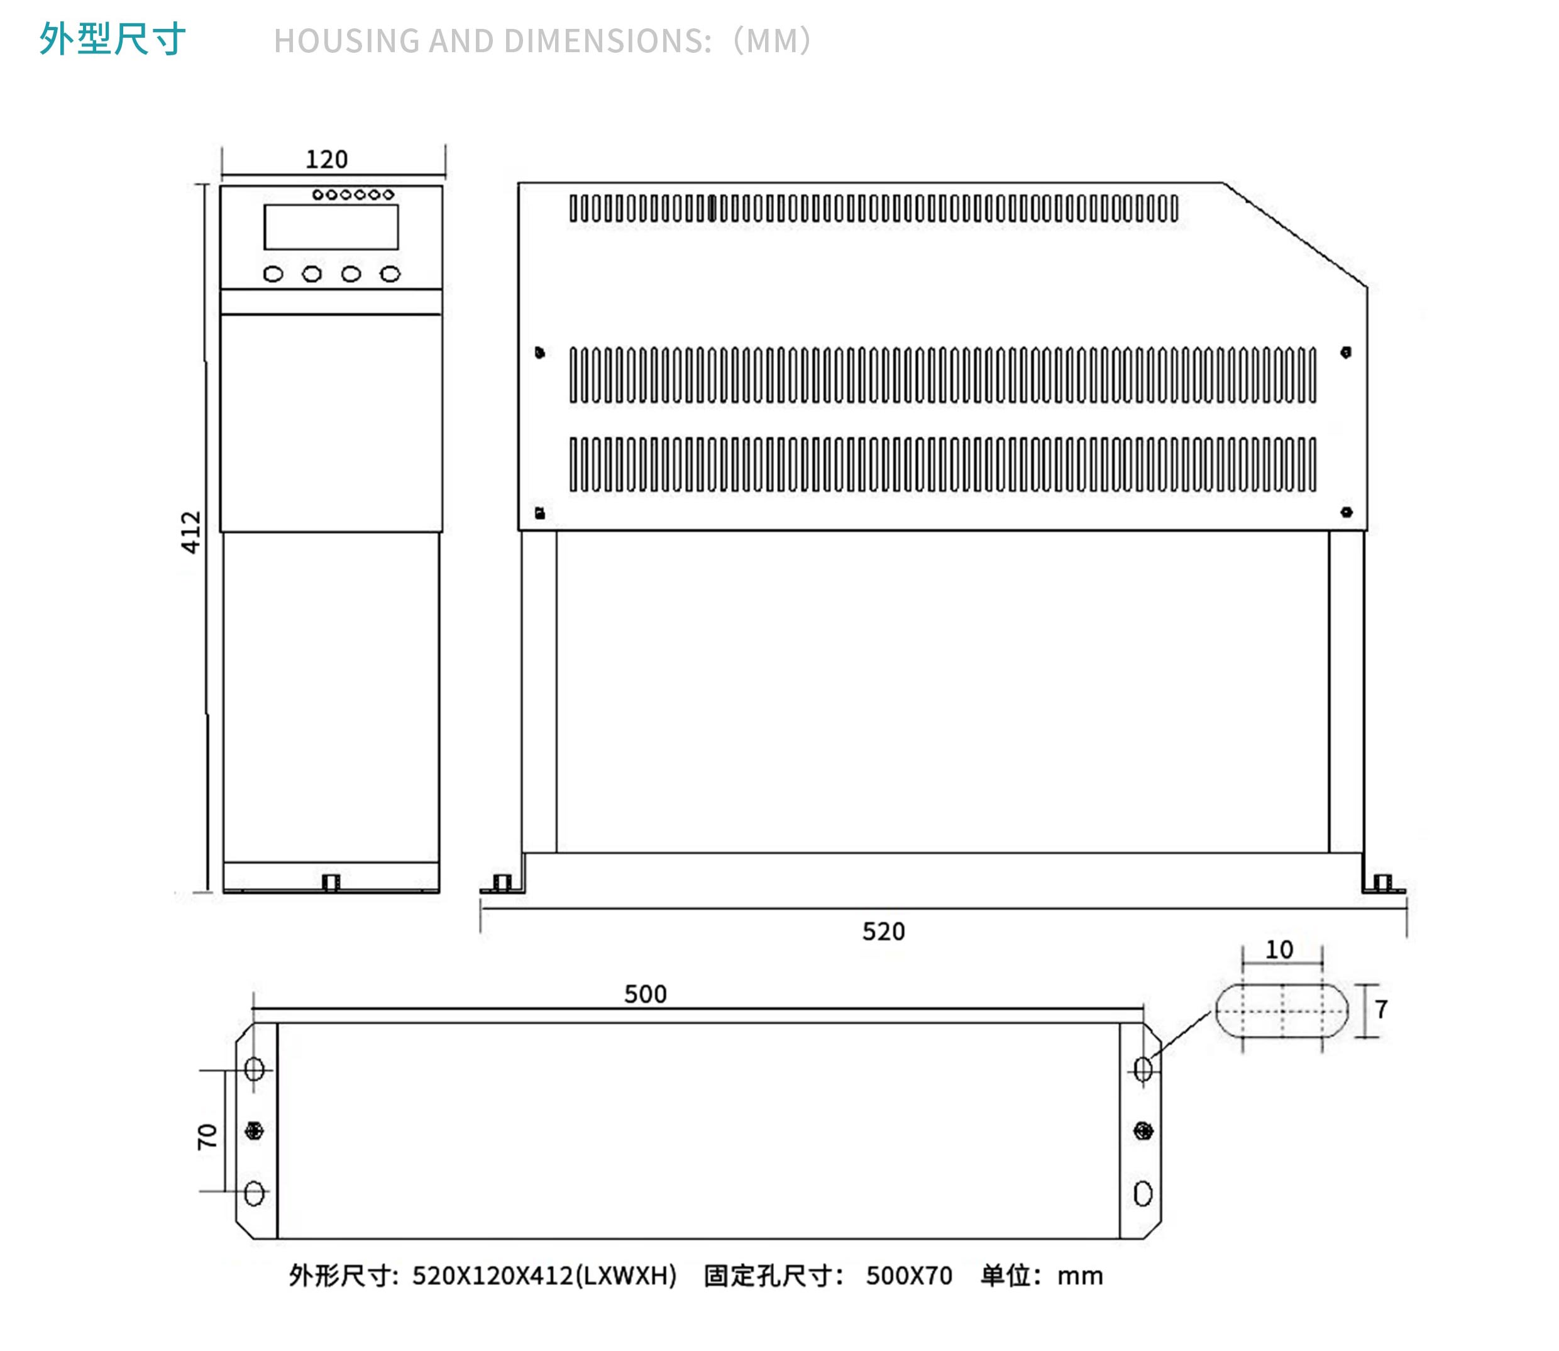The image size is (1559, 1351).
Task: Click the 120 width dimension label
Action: tap(326, 160)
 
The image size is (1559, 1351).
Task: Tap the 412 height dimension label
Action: tap(192, 532)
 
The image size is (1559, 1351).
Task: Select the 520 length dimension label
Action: tap(883, 932)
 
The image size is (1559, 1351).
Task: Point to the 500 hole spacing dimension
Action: tap(646, 995)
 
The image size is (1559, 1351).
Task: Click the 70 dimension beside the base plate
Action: tap(207, 1137)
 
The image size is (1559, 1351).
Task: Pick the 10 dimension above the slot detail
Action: tap(1279, 950)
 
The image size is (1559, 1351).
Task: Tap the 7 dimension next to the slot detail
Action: tap(1381, 1010)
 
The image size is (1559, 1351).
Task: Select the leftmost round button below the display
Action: tap(273, 275)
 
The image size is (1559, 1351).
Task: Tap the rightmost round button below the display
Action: tap(390, 275)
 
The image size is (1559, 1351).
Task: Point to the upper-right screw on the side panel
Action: tap(1347, 352)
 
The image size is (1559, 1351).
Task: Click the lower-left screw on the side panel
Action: tap(540, 514)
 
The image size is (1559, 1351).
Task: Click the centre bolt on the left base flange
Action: tap(254, 1131)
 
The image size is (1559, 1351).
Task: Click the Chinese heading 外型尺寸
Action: tap(113, 39)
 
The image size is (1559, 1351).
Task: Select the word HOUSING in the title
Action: tap(346, 41)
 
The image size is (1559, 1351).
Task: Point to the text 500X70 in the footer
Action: tap(909, 1276)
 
